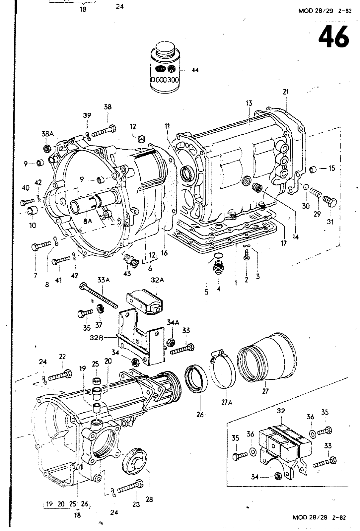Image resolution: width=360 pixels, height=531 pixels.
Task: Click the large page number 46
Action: click(x=333, y=37)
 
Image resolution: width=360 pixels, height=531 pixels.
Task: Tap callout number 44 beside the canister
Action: click(x=195, y=70)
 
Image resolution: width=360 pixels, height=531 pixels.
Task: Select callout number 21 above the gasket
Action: click(x=286, y=92)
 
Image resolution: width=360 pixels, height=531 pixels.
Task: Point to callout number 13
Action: click(x=249, y=103)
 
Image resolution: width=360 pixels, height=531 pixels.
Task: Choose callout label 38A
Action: click(x=47, y=134)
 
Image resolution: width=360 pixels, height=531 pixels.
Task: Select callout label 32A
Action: click(x=157, y=280)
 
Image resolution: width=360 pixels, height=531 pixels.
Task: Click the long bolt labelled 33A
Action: click(x=99, y=295)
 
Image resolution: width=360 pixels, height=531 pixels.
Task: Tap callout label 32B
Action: click(x=97, y=338)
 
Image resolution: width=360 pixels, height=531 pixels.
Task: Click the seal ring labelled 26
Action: click(x=196, y=379)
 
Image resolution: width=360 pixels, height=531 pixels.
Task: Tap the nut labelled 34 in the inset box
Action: click(x=276, y=476)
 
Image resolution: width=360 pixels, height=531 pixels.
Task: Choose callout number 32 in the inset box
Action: click(x=281, y=411)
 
